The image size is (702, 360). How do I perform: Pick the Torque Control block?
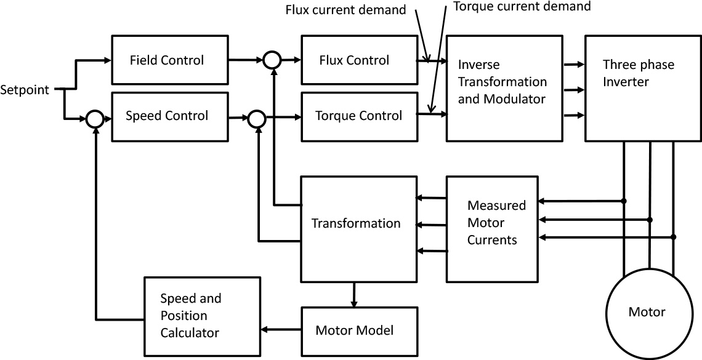pyautogui.click(x=358, y=116)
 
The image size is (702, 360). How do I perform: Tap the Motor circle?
pyautogui.click(x=647, y=312)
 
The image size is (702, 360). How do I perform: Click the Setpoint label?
pyautogui.click(x=23, y=89)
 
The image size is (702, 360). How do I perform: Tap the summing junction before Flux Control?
pyautogui.click(x=272, y=60)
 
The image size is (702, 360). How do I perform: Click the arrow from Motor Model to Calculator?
pyautogui.click(x=281, y=330)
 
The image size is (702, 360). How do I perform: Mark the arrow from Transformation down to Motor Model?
pyautogui.click(x=353, y=295)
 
